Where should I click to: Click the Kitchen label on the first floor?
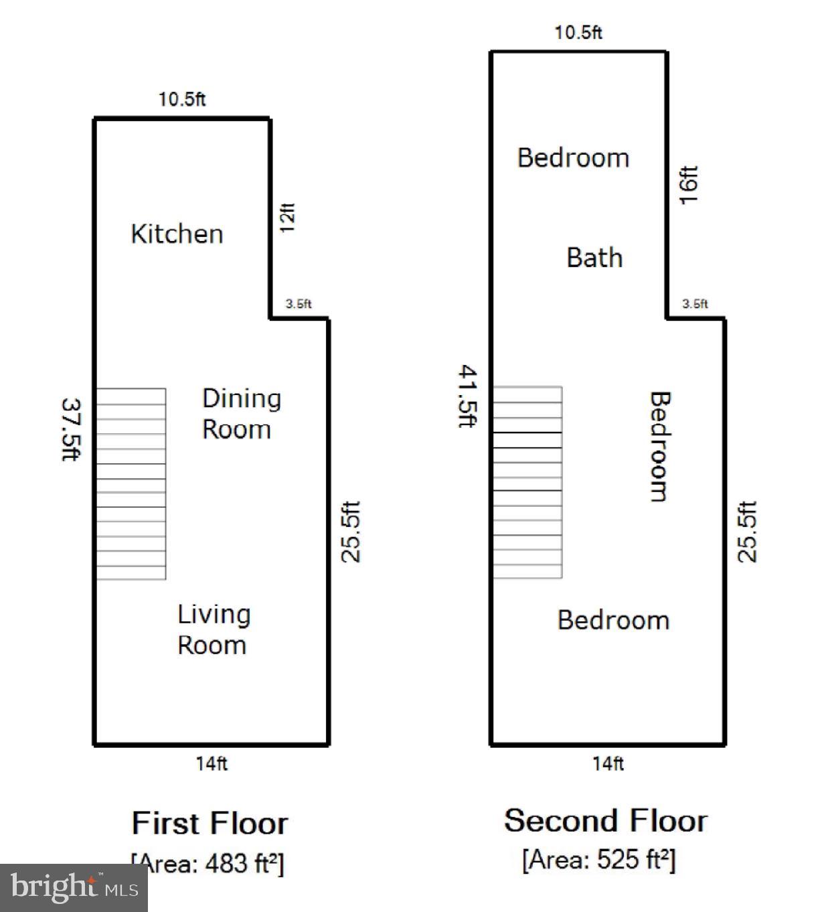177,234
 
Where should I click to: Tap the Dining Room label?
241,413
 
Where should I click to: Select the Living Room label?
214,629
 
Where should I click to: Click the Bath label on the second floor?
594,258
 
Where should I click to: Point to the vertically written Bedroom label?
660,446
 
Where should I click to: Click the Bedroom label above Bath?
573,158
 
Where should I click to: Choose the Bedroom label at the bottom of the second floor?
613,620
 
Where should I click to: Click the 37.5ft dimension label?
71,429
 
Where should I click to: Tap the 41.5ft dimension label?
467,396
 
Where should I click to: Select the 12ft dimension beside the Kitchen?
287,218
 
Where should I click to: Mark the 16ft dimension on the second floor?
689,185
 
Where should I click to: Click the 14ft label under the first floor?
212,763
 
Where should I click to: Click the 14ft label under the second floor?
608,763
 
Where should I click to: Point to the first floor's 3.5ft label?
299,304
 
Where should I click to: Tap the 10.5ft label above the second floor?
578,33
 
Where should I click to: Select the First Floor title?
210,823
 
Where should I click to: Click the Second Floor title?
605,821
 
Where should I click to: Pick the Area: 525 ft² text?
598,859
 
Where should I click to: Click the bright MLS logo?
74,888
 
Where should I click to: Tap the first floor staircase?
131,483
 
